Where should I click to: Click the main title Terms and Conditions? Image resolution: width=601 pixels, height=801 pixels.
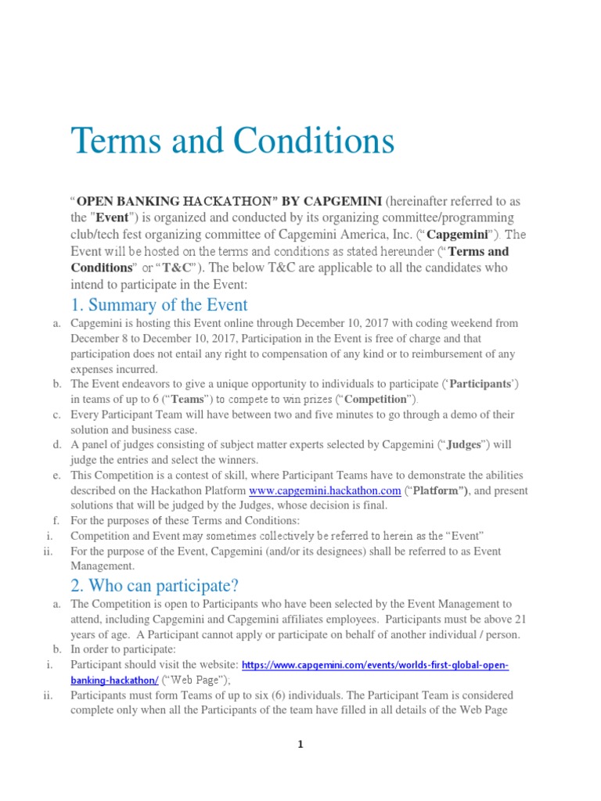click(x=232, y=142)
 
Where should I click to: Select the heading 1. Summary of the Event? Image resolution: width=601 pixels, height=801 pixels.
click(x=160, y=305)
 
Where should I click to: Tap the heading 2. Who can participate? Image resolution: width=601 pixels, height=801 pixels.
click(x=154, y=585)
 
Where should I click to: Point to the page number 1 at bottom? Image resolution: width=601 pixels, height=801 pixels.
click(x=300, y=745)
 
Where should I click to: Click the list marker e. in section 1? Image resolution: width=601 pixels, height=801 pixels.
click(x=57, y=476)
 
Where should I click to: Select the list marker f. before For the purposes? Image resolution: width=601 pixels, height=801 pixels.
click(x=57, y=521)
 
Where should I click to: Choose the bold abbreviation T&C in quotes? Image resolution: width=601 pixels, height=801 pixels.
click(x=177, y=268)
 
